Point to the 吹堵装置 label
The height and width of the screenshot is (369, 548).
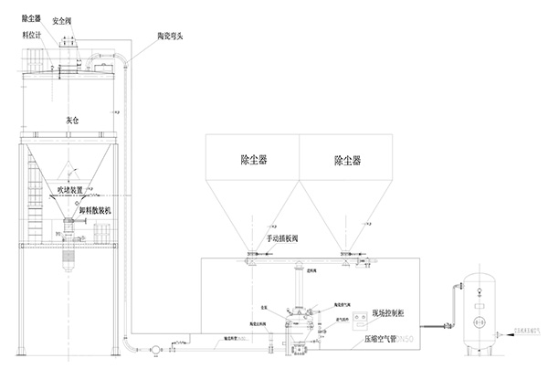[x=74, y=190]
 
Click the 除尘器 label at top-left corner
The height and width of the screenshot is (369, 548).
[x=32, y=17]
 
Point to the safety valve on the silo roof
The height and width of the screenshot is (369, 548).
[x=68, y=42]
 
